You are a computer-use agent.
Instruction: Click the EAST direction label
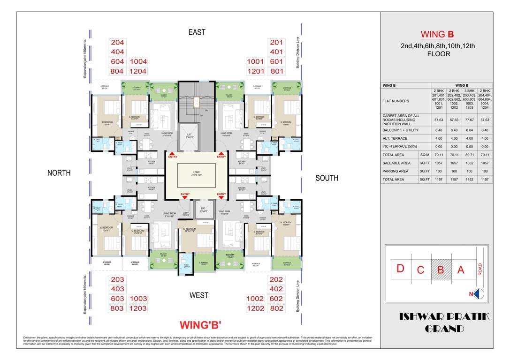tap(197, 32)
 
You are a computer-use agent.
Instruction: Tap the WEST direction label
tap(198, 295)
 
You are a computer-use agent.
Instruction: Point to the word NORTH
tap(59, 173)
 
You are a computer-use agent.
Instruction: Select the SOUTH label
tap(327, 178)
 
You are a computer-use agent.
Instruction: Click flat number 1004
tap(138, 61)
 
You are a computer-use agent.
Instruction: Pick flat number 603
tap(117, 299)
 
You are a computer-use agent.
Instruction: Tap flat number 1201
tap(256, 71)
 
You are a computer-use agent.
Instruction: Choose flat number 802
tap(277, 308)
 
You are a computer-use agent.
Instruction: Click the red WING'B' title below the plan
tap(200, 325)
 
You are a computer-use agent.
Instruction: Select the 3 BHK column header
tap(469, 90)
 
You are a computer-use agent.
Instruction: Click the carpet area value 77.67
tap(469, 120)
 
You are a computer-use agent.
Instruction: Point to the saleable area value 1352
tap(469, 163)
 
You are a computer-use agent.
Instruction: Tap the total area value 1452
tap(469, 180)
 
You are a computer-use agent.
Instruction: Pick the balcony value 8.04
tap(469, 131)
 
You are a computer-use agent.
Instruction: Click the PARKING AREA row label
tap(396, 171)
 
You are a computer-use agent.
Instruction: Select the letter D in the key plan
tap(401, 269)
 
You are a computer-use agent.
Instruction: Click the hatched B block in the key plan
tap(441, 270)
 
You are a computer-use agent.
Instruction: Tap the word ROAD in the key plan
tap(480, 269)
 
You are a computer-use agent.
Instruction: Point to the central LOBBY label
tap(197, 172)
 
